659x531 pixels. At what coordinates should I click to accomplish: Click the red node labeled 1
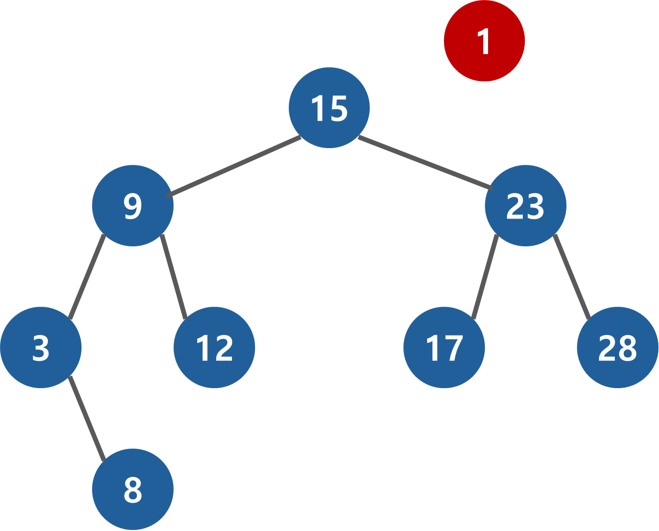(x=484, y=41)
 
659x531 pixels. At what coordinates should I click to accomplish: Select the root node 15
(x=329, y=108)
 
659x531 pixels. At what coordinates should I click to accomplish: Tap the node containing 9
(x=133, y=205)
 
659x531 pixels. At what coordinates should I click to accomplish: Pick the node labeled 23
(x=525, y=205)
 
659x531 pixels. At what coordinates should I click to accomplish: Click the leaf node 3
(x=41, y=347)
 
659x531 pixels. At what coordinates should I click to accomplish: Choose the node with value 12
(x=214, y=347)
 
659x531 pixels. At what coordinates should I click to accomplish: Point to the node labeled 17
(x=444, y=347)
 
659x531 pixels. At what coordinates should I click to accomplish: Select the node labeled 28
(x=617, y=347)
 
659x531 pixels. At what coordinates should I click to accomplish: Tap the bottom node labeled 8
(x=133, y=489)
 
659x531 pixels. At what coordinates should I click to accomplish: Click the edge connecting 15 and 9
(x=234, y=166)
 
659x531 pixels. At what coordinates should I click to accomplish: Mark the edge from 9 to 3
(x=87, y=277)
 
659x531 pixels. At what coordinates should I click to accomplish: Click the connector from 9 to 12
(x=174, y=277)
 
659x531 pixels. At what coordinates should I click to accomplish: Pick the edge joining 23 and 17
(x=485, y=277)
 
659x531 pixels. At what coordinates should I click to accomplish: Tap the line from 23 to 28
(x=572, y=277)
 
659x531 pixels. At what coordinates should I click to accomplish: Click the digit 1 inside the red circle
(x=484, y=41)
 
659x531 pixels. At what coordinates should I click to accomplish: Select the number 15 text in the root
(x=329, y=109)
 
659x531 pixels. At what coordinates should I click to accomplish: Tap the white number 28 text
(x=617, y=348)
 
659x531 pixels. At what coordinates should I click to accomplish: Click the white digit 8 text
(x=133, y=490)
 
